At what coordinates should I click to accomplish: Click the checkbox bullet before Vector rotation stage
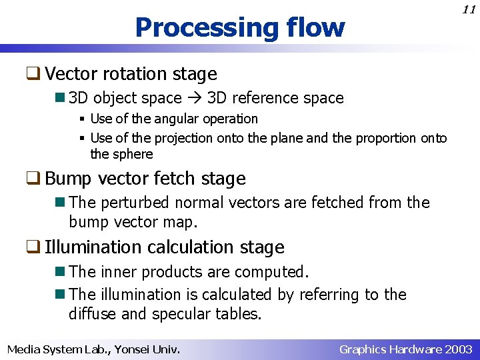click(x=35, y=74)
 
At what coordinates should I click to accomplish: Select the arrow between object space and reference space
click(x=195, y=98)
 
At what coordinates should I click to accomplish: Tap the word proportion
click(x=385, y=138)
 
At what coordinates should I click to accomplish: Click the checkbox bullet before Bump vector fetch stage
click(x=35, y=179)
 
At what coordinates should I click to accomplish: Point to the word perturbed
click(x=131, y=202)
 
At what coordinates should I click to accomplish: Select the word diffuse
click(x=93, y=313)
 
